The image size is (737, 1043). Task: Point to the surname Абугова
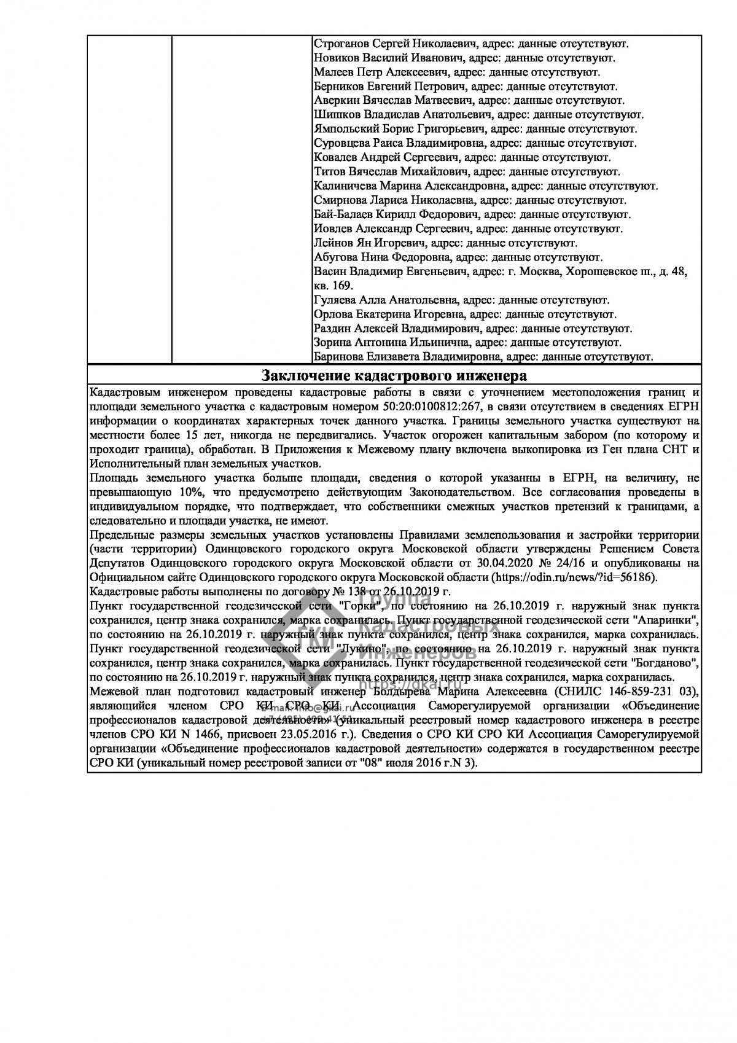click(337, 257)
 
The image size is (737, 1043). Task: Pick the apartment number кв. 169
click(333, 286)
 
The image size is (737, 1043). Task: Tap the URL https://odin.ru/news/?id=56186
click(575, 577)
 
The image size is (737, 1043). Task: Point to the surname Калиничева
click(346, 186)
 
